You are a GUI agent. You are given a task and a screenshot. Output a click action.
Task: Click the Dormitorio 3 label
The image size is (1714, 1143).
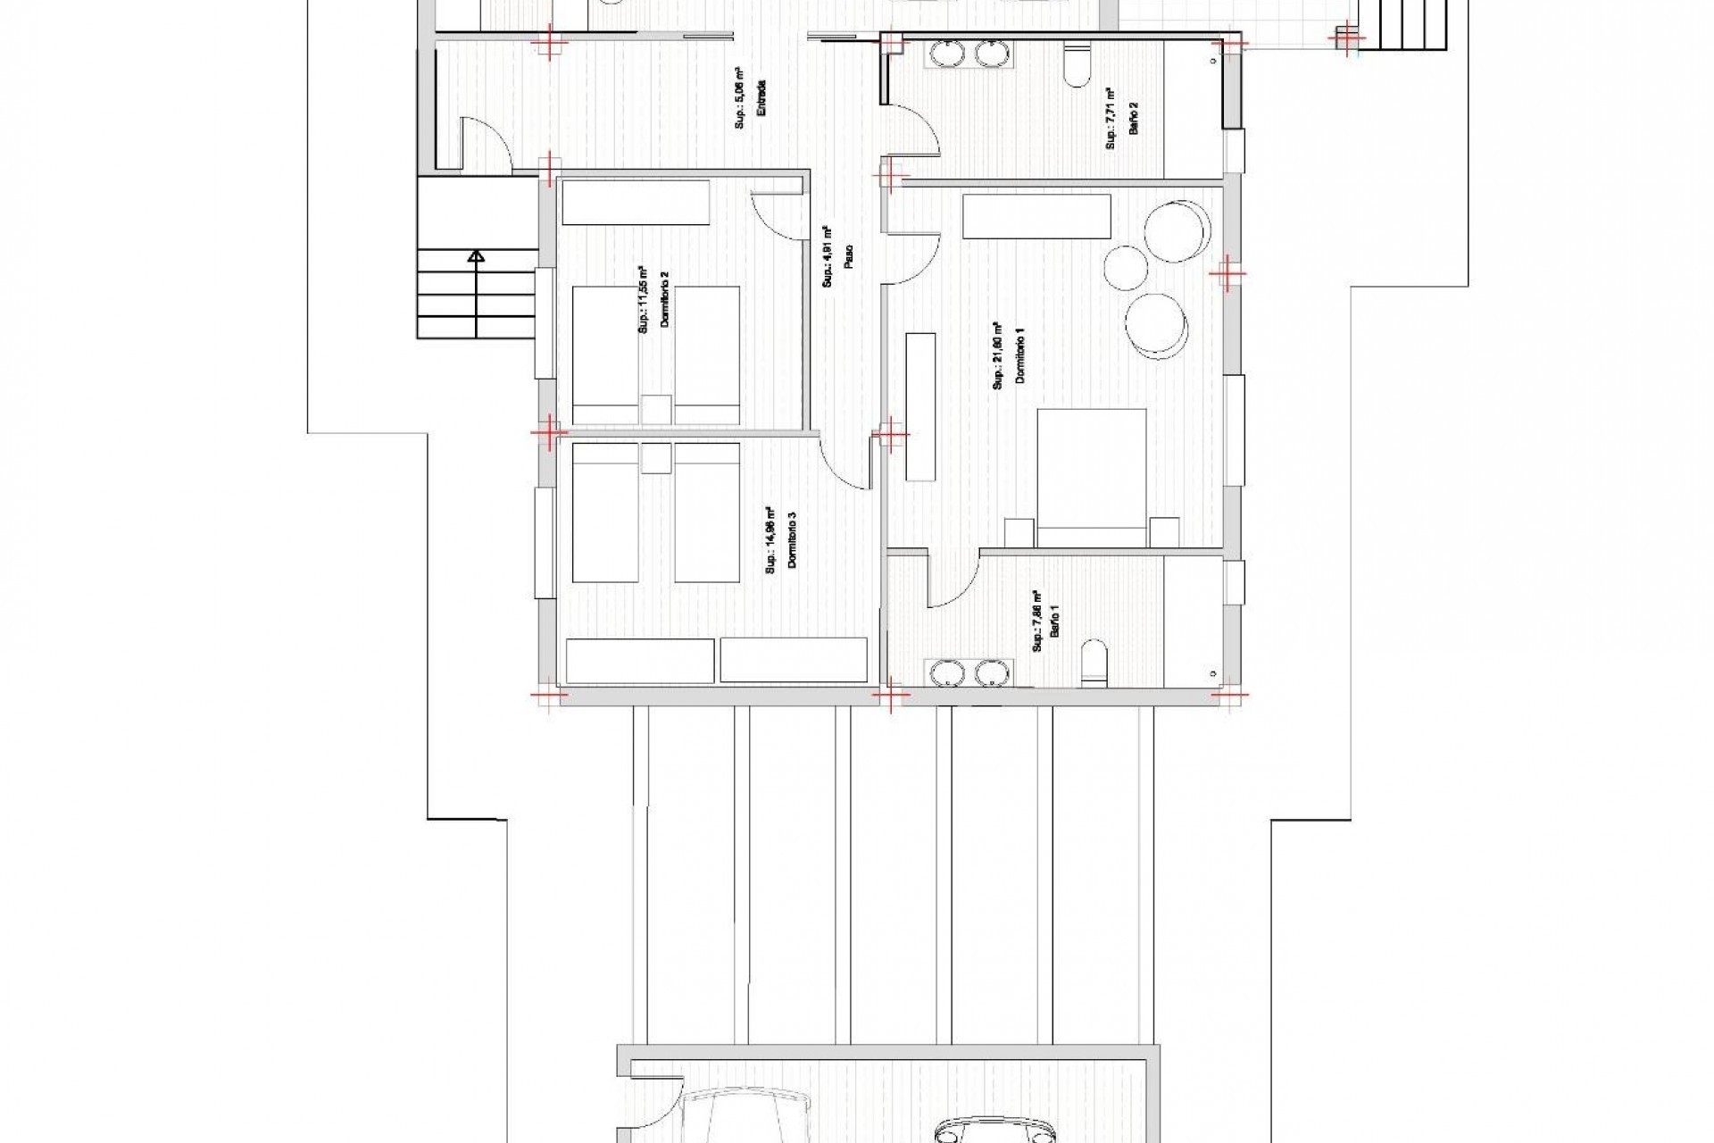pyautogui.click(x=792, y=540)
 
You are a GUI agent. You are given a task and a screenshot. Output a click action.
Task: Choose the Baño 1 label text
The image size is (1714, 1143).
pyautogui.click(x=1056, y=622)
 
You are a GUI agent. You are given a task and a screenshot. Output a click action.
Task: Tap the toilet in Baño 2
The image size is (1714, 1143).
pyautogui.click(x=1078, y=66)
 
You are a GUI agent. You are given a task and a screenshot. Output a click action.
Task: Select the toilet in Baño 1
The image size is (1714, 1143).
pyautogui.click(x=1094, y=661)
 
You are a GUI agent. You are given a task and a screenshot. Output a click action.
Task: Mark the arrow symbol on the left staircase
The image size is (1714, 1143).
pyautogui.click(x=477, y=258)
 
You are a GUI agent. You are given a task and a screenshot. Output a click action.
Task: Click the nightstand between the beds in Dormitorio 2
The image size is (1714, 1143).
pyautogui.click(x=656, y=409)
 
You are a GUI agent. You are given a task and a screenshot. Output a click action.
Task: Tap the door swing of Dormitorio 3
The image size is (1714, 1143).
pyautogui.click(x=844, y=464)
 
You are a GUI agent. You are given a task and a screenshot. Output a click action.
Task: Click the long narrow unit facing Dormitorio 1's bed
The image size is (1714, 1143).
pyautogui.click(x=920, y=405)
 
